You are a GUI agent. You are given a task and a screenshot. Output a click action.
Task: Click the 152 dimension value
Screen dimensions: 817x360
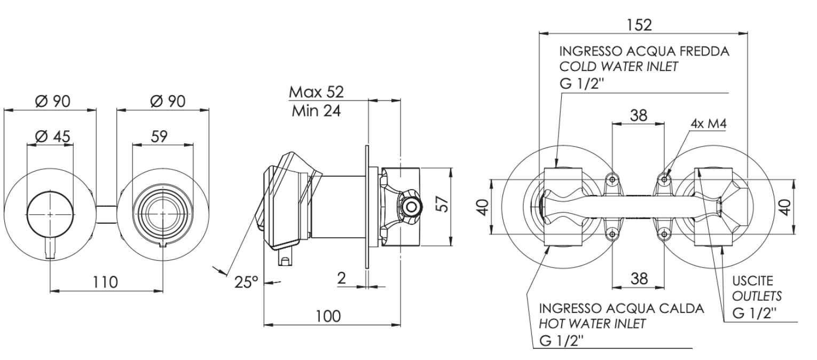coord(639,25)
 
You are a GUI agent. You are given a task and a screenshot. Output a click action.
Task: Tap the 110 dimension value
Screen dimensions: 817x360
coord(105,282)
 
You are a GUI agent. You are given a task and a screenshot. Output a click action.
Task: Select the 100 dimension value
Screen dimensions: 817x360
coord(328,316)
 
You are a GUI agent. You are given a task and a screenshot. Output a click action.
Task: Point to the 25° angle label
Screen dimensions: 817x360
coord(246,282)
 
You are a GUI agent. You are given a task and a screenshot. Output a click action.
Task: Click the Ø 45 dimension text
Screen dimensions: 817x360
coord(53,136)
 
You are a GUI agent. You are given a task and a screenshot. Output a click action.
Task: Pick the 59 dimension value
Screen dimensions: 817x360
coord(159,136)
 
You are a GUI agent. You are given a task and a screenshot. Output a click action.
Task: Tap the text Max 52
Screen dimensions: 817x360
coord(316,92)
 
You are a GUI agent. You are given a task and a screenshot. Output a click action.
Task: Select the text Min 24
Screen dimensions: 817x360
coord(316,111)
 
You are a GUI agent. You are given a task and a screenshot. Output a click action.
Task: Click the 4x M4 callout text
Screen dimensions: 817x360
coord(709,123)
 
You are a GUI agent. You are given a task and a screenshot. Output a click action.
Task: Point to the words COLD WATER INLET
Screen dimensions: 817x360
coord(618,67)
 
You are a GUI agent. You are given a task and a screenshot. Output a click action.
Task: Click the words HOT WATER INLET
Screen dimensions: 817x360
coord(592,324)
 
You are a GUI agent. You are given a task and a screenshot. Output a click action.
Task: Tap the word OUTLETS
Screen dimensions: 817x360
coord(757,296)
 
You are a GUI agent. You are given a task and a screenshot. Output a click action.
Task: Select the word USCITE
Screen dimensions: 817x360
coord(752,280)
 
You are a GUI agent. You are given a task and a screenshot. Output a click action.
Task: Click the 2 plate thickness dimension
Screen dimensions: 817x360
coord(341,278)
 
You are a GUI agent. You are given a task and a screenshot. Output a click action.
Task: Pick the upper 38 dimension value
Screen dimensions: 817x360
coord(639,115)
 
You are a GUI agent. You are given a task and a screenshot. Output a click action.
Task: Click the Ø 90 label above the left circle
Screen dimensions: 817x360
coord(53,101)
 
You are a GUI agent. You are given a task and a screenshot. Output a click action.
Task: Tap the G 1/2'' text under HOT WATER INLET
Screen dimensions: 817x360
coord(561,341)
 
